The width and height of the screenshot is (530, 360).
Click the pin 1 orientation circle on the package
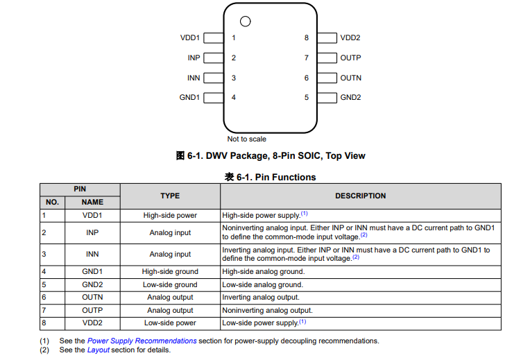click(245, 22)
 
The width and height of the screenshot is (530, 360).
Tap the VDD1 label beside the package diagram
click(189, 38)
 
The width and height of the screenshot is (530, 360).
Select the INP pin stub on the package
click(213, 58)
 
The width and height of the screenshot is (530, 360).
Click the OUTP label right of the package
click(350, 58)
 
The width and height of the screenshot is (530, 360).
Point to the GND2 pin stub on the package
click(327, 98)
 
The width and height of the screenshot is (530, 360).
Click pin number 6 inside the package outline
click(307, 78)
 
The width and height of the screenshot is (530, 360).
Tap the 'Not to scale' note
click(247, 139)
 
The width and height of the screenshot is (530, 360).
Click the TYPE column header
click(170, 196)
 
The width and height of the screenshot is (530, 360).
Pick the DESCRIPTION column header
click(361, 196)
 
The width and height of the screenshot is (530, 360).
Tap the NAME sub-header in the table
click(92, 203)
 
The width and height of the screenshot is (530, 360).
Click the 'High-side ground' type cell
click(170, 272)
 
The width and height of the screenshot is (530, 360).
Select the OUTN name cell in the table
click(92, 298)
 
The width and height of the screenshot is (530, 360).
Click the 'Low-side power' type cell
click(170, 323)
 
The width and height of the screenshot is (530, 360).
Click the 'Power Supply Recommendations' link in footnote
click(142, 341)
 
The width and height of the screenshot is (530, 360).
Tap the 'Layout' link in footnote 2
click(99, 350)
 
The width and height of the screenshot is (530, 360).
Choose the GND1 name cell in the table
click(92, 272)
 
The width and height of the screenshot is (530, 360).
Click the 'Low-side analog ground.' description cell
click(263, 285)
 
